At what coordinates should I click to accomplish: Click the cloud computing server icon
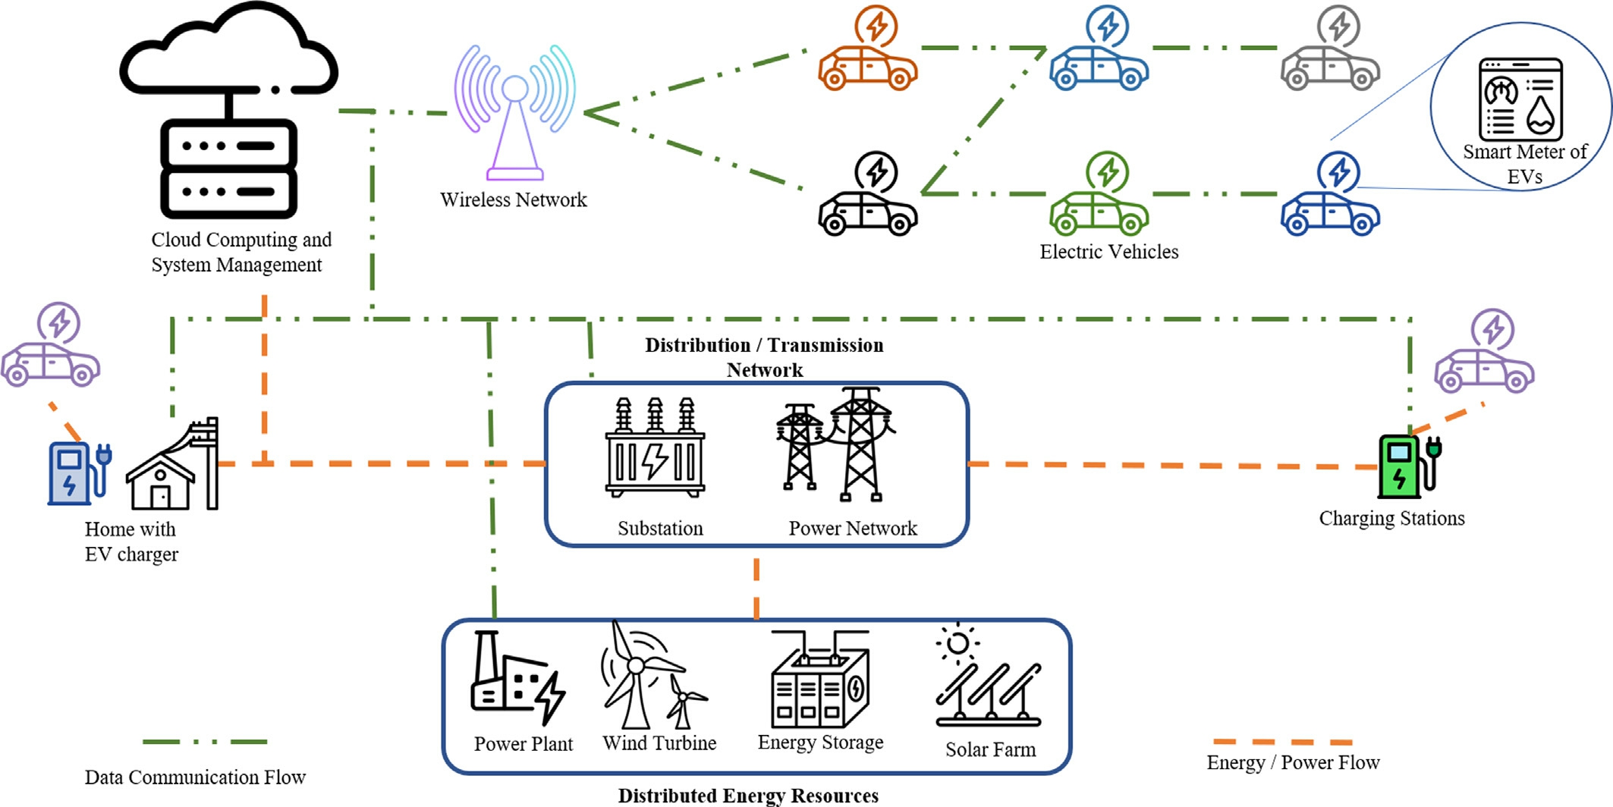point(228,110)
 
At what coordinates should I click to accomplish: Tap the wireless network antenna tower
point(514,114)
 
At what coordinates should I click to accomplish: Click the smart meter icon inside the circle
point(1520,99)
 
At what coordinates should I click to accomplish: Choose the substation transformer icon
point(655,447)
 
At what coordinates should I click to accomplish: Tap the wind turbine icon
point(652,675)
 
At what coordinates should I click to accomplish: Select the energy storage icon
point(820,679)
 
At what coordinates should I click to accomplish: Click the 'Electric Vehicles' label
point(1109,252)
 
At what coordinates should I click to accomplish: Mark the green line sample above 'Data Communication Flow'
point(205,742)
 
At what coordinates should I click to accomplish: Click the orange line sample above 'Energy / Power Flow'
point(1283,742)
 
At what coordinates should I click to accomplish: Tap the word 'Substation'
point(660,528)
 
